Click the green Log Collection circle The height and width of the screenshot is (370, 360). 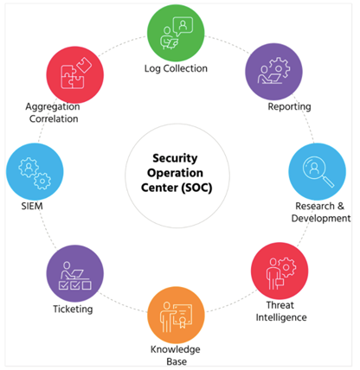(176, 33)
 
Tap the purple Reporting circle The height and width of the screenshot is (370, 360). (273, 72)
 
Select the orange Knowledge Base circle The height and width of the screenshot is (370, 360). (176, 315)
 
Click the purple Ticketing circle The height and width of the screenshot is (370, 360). (75, 273)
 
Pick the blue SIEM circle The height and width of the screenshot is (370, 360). (35, 172)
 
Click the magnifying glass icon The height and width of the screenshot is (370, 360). (318, 172)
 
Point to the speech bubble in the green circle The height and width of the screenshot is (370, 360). (183, 27)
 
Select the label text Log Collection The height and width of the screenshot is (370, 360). (176, 68)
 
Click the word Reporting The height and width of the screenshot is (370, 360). (289, 107)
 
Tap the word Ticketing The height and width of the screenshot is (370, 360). (73, 309)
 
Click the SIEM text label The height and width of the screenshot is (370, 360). (32, 206)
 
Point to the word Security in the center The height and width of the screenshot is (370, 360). (175, 158)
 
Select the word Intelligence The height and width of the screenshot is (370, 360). (281, 317)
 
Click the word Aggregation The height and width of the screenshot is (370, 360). (53, 107)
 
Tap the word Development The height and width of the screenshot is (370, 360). (321, 219)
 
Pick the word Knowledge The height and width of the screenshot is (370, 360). (176, 349)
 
